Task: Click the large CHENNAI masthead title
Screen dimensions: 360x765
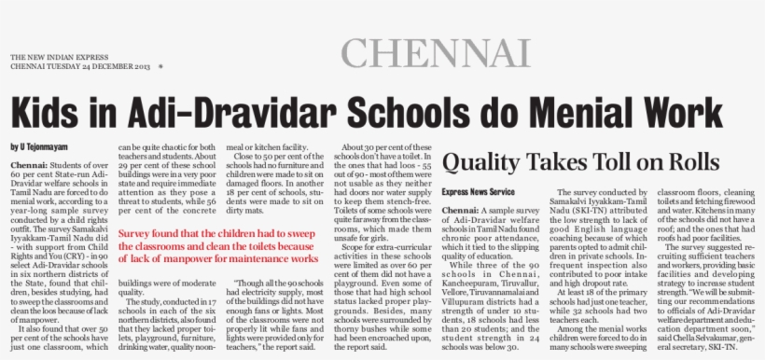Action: tap(436, 53)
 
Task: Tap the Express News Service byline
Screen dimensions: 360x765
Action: tap(478, 191)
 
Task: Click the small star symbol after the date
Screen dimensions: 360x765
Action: tap(160, 67)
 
